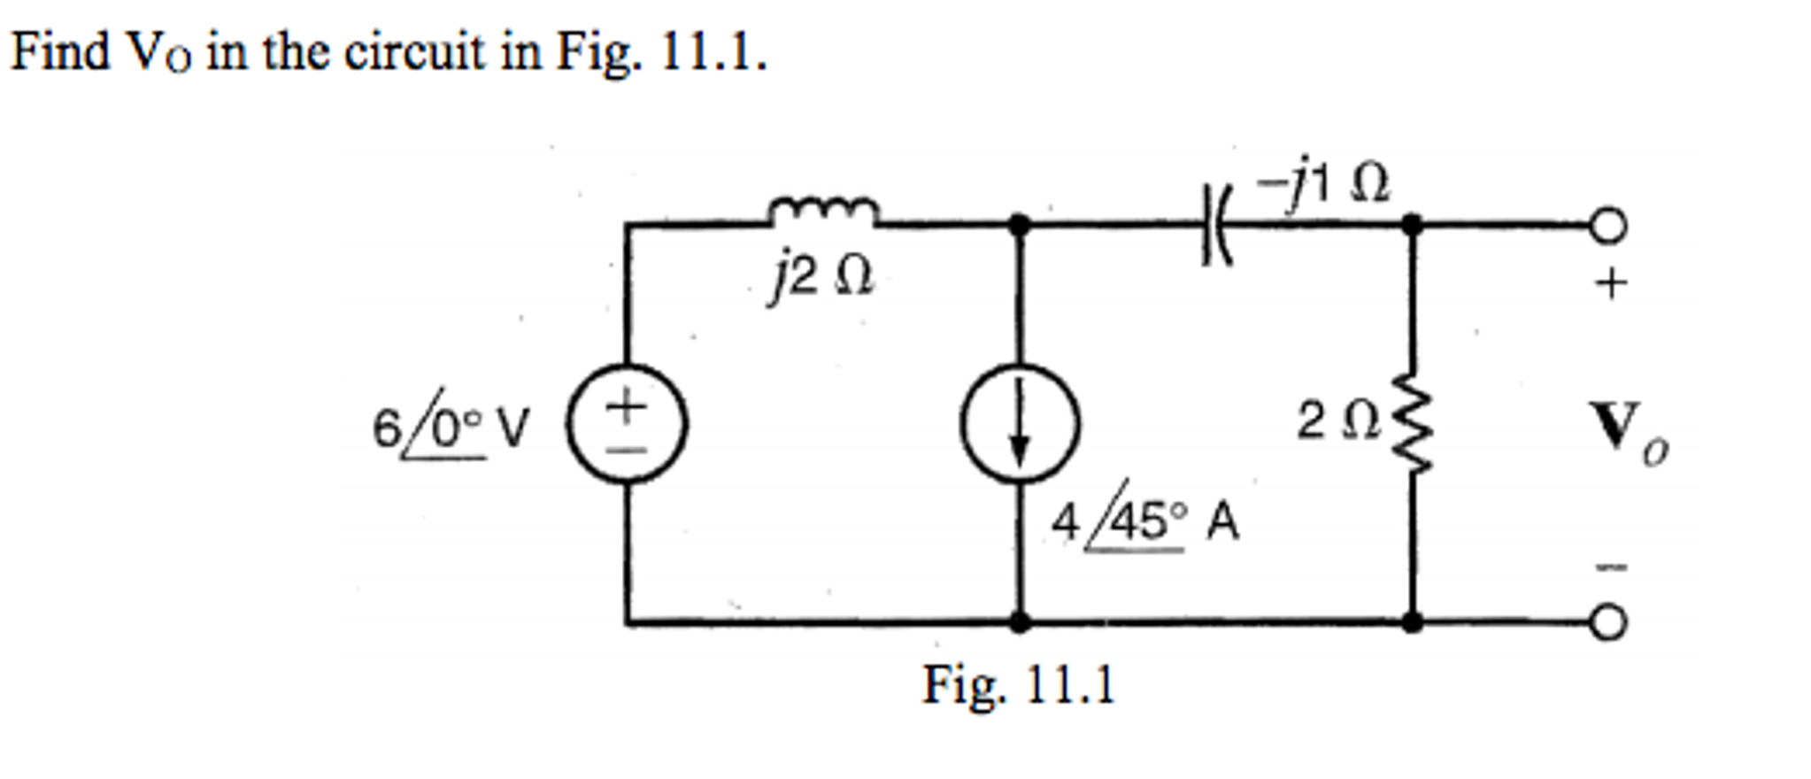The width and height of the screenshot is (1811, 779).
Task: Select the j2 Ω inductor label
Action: pyautogui.click(x=821, y=278)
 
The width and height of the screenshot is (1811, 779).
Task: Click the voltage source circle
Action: pyautogui.click(x=627, y=424)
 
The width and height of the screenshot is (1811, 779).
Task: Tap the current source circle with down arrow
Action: pyautogui.click(x=1020, y=424)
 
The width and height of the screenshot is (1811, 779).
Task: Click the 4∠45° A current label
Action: pyautogui.click(x=1144, y=521)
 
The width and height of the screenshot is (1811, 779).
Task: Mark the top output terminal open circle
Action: pyautogui.click(x=1608, y=226)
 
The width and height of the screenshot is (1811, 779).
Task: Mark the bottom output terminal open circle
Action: pyautogui.click(x=1608, y=622)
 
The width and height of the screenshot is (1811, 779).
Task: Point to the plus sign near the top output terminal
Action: pyautogui.click(x=1611, y=285)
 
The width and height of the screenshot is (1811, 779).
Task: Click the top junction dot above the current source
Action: pyautogui.click(x=1020, y=225)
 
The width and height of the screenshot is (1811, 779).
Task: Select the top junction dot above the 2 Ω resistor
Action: pyautogui.click(x=1413, y=225)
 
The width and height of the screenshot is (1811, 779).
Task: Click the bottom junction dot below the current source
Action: pyautogui.click(x=1020, y=622)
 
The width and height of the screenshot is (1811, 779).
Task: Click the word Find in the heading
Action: pyautogui.click(x=59, y=51)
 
